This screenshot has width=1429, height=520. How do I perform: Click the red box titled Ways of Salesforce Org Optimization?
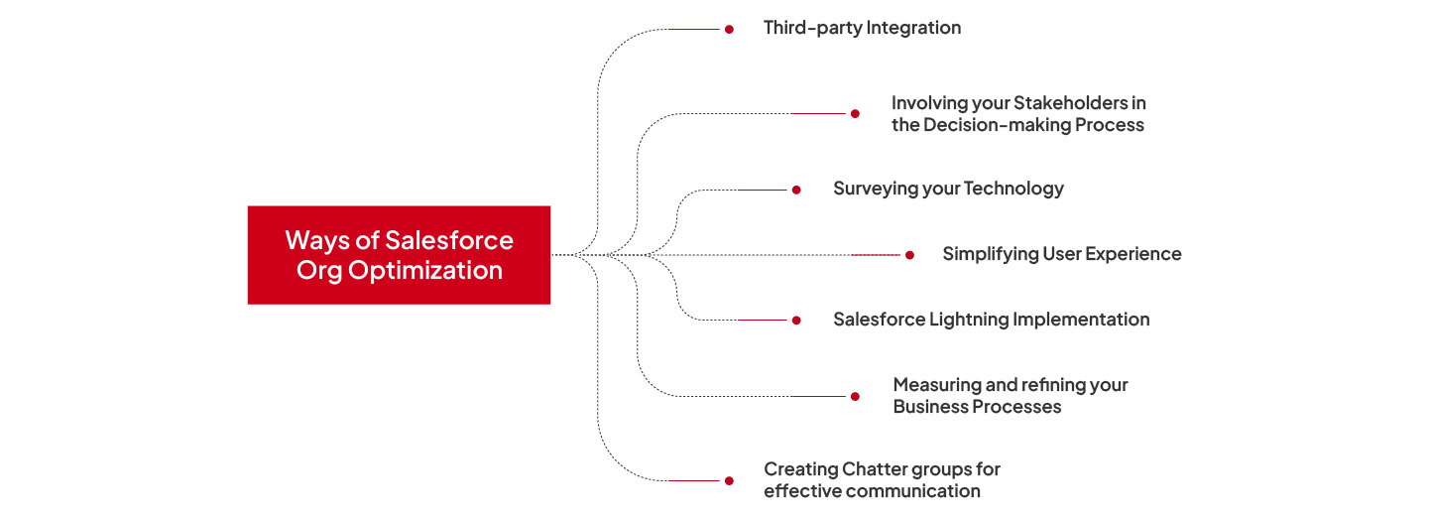(399, 255)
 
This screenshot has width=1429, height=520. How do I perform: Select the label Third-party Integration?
(862, 28)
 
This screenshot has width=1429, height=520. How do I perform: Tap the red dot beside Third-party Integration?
(729, 30)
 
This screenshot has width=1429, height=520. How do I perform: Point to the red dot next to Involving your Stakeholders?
(855, 114)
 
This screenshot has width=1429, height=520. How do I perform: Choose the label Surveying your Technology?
(948, 189)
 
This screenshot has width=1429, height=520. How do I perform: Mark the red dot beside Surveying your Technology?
(796, 190)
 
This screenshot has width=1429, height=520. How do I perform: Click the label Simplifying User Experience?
(1061, 254)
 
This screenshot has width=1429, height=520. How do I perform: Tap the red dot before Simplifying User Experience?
(909, 255)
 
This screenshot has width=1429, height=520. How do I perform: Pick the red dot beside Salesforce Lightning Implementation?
(796, 321)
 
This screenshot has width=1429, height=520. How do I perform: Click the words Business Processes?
(977, 407)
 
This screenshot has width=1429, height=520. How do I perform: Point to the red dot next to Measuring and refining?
(855, 396)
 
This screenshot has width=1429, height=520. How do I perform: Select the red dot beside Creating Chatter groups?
(729, 480)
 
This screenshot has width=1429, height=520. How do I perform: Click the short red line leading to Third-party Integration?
(694, 30)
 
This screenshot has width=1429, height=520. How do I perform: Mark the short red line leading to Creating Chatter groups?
(694, 480)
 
